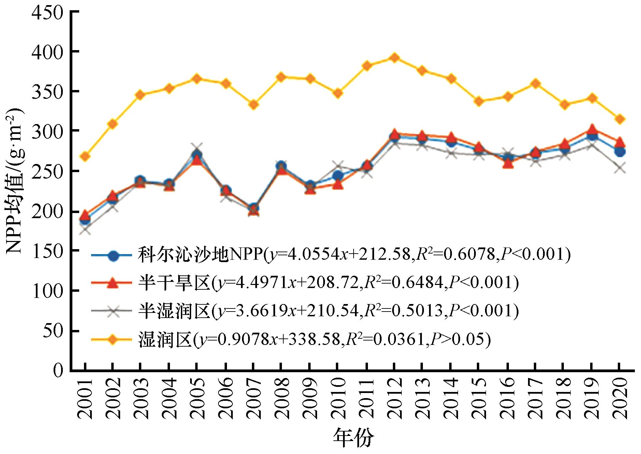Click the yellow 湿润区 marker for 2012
tap(394, 58)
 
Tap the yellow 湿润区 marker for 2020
tap(620, 119)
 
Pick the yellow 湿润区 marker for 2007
tap(253, 105)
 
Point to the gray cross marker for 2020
tap(620, 168)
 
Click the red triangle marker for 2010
tap(338, 185)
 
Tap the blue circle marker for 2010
tap(338, 176)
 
